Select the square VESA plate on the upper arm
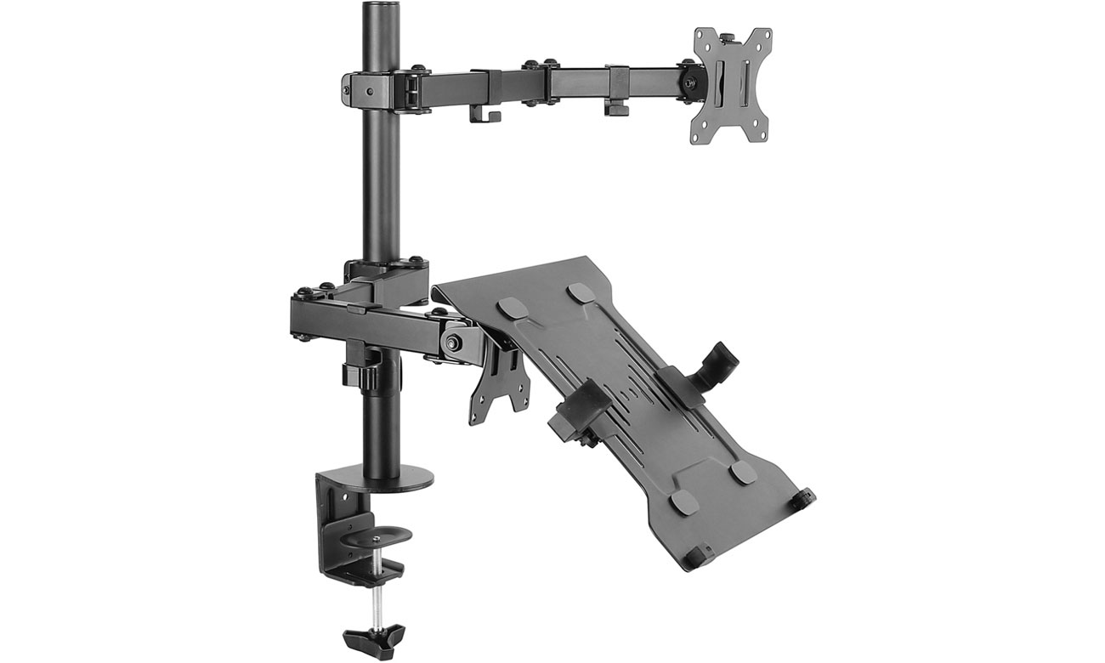(x=731, y=85)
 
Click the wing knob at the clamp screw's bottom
(x=375, y=635)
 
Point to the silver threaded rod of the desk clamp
(x=374, y=599)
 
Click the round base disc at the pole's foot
(x=399, y=476)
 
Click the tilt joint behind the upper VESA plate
(x=685, y=81)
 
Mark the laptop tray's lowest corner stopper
(x=699, y=557)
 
